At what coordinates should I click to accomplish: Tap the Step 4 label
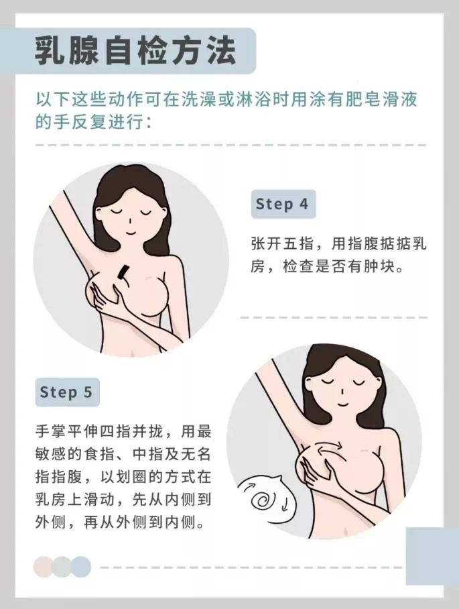point(282,204)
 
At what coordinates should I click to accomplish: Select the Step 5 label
point(66,392)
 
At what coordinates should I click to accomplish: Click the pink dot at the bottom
point(44,567)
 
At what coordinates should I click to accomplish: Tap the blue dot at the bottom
point(81,567)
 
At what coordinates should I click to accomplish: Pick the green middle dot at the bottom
point(62,567)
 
